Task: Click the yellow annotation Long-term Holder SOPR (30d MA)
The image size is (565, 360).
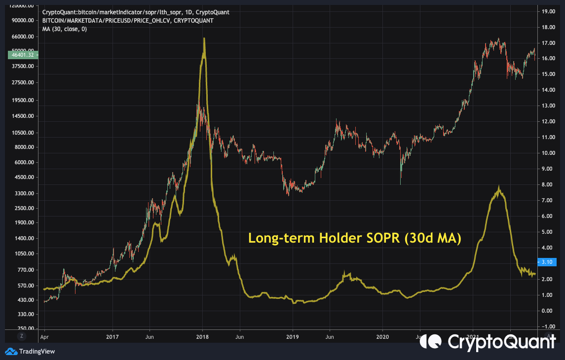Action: (354, 238)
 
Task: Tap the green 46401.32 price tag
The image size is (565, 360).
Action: (21, 55)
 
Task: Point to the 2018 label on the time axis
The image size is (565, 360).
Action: (202, 337)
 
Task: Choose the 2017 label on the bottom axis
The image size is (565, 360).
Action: (113, 337)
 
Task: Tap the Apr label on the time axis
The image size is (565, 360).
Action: (44, 337)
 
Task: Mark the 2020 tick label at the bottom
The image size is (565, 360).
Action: (382, 337)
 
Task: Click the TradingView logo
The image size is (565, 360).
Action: (30, 352)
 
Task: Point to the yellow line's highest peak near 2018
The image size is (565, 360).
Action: (204, 39)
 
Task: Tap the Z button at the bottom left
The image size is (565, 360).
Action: (21, 336)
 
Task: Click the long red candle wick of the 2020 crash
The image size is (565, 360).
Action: (400, 178)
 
